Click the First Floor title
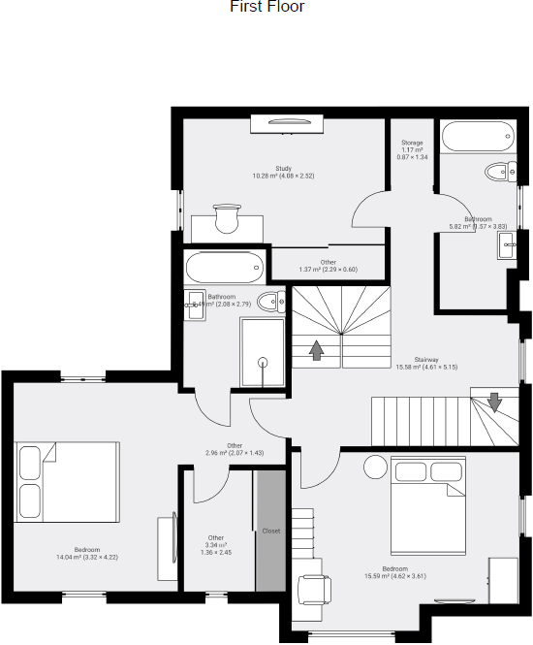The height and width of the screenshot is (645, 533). (x=266, y=8)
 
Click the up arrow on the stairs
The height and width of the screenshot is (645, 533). (x=316, y=350)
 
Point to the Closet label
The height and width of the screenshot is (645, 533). (x=271, y=531)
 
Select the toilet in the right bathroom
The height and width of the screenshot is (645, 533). (x=501, y=173)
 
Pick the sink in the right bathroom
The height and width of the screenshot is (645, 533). (x=508, y=244)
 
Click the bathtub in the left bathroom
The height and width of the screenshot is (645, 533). (x=224, y=265)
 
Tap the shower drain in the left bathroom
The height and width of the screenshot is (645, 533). (x=261, y=362)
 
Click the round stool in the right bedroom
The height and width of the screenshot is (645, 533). (x=375, y=468)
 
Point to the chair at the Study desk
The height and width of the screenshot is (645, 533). (x=227, y=219)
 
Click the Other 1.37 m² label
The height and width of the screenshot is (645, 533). (x=329, y=265)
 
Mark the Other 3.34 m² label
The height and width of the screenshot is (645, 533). (x=216, y=543)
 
